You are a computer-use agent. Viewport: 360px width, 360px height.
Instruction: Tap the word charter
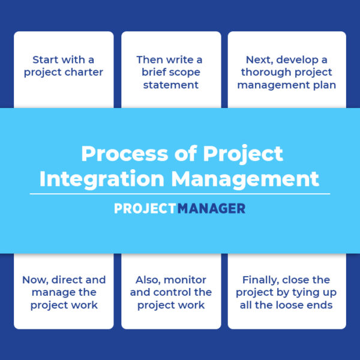[84, 72]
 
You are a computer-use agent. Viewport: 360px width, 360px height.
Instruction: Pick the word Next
[260, 59]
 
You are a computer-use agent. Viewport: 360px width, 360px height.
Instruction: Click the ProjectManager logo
[180, 208]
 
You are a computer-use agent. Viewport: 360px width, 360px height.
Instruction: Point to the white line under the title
[180, 194]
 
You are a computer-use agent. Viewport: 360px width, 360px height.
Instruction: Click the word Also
[148, 280]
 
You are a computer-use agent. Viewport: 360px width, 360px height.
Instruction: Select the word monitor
[185, 280]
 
